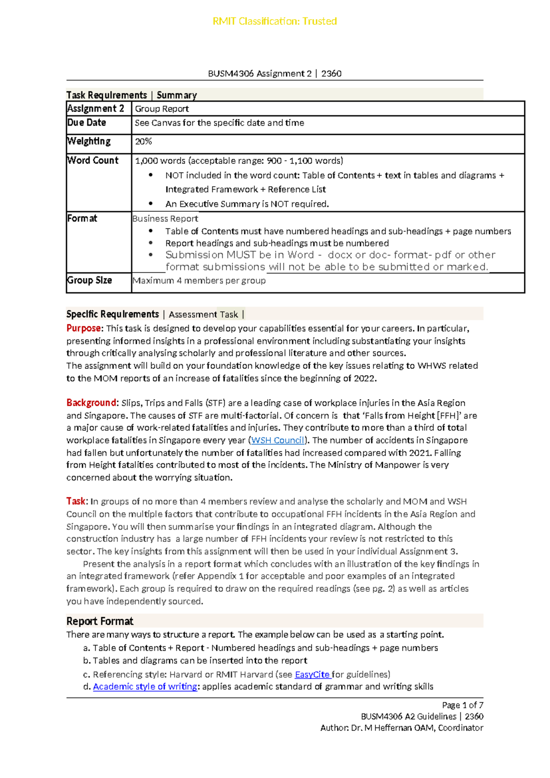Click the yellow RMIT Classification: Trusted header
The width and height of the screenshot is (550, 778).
coord(275,21)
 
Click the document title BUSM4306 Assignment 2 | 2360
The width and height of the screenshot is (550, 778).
coord(275,73)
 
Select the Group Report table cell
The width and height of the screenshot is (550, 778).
coord(162,109)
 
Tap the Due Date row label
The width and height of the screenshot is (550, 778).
coord(87,122)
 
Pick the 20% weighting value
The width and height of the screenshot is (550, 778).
coord(143,141)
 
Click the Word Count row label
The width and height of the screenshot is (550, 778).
coord(93,160)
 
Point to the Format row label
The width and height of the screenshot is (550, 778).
coord(82,218)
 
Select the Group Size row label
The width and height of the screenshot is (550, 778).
coord(89,280)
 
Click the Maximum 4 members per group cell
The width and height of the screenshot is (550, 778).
coord(199,281)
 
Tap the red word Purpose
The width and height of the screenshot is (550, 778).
coord(83,328)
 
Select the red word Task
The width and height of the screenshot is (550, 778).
coord(76,501)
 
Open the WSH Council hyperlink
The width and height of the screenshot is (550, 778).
coord(278,440)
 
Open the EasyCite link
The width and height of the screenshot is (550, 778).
coord(312,674)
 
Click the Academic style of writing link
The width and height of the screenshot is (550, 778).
coord(145,687)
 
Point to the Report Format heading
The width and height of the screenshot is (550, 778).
coord(100,621)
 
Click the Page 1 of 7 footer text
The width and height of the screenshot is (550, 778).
coord(462,705)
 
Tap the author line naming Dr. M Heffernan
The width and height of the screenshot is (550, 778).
coord(401,728)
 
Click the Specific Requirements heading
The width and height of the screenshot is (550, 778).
coord(113,314)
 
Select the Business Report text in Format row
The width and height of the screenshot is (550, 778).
coord(165,219)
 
